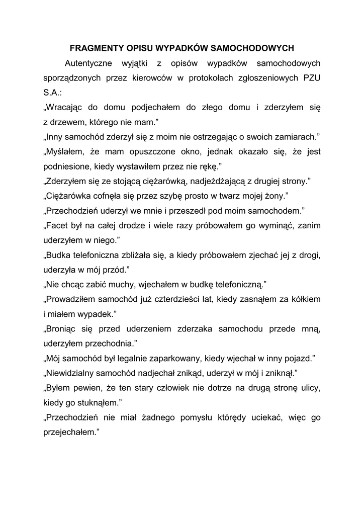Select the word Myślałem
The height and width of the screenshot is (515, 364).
tap(66, 151)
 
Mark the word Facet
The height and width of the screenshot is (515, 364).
tap(59, 225)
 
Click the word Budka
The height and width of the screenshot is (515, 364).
tap(60, 254)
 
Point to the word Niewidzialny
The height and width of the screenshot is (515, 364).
tap(72, 373)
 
